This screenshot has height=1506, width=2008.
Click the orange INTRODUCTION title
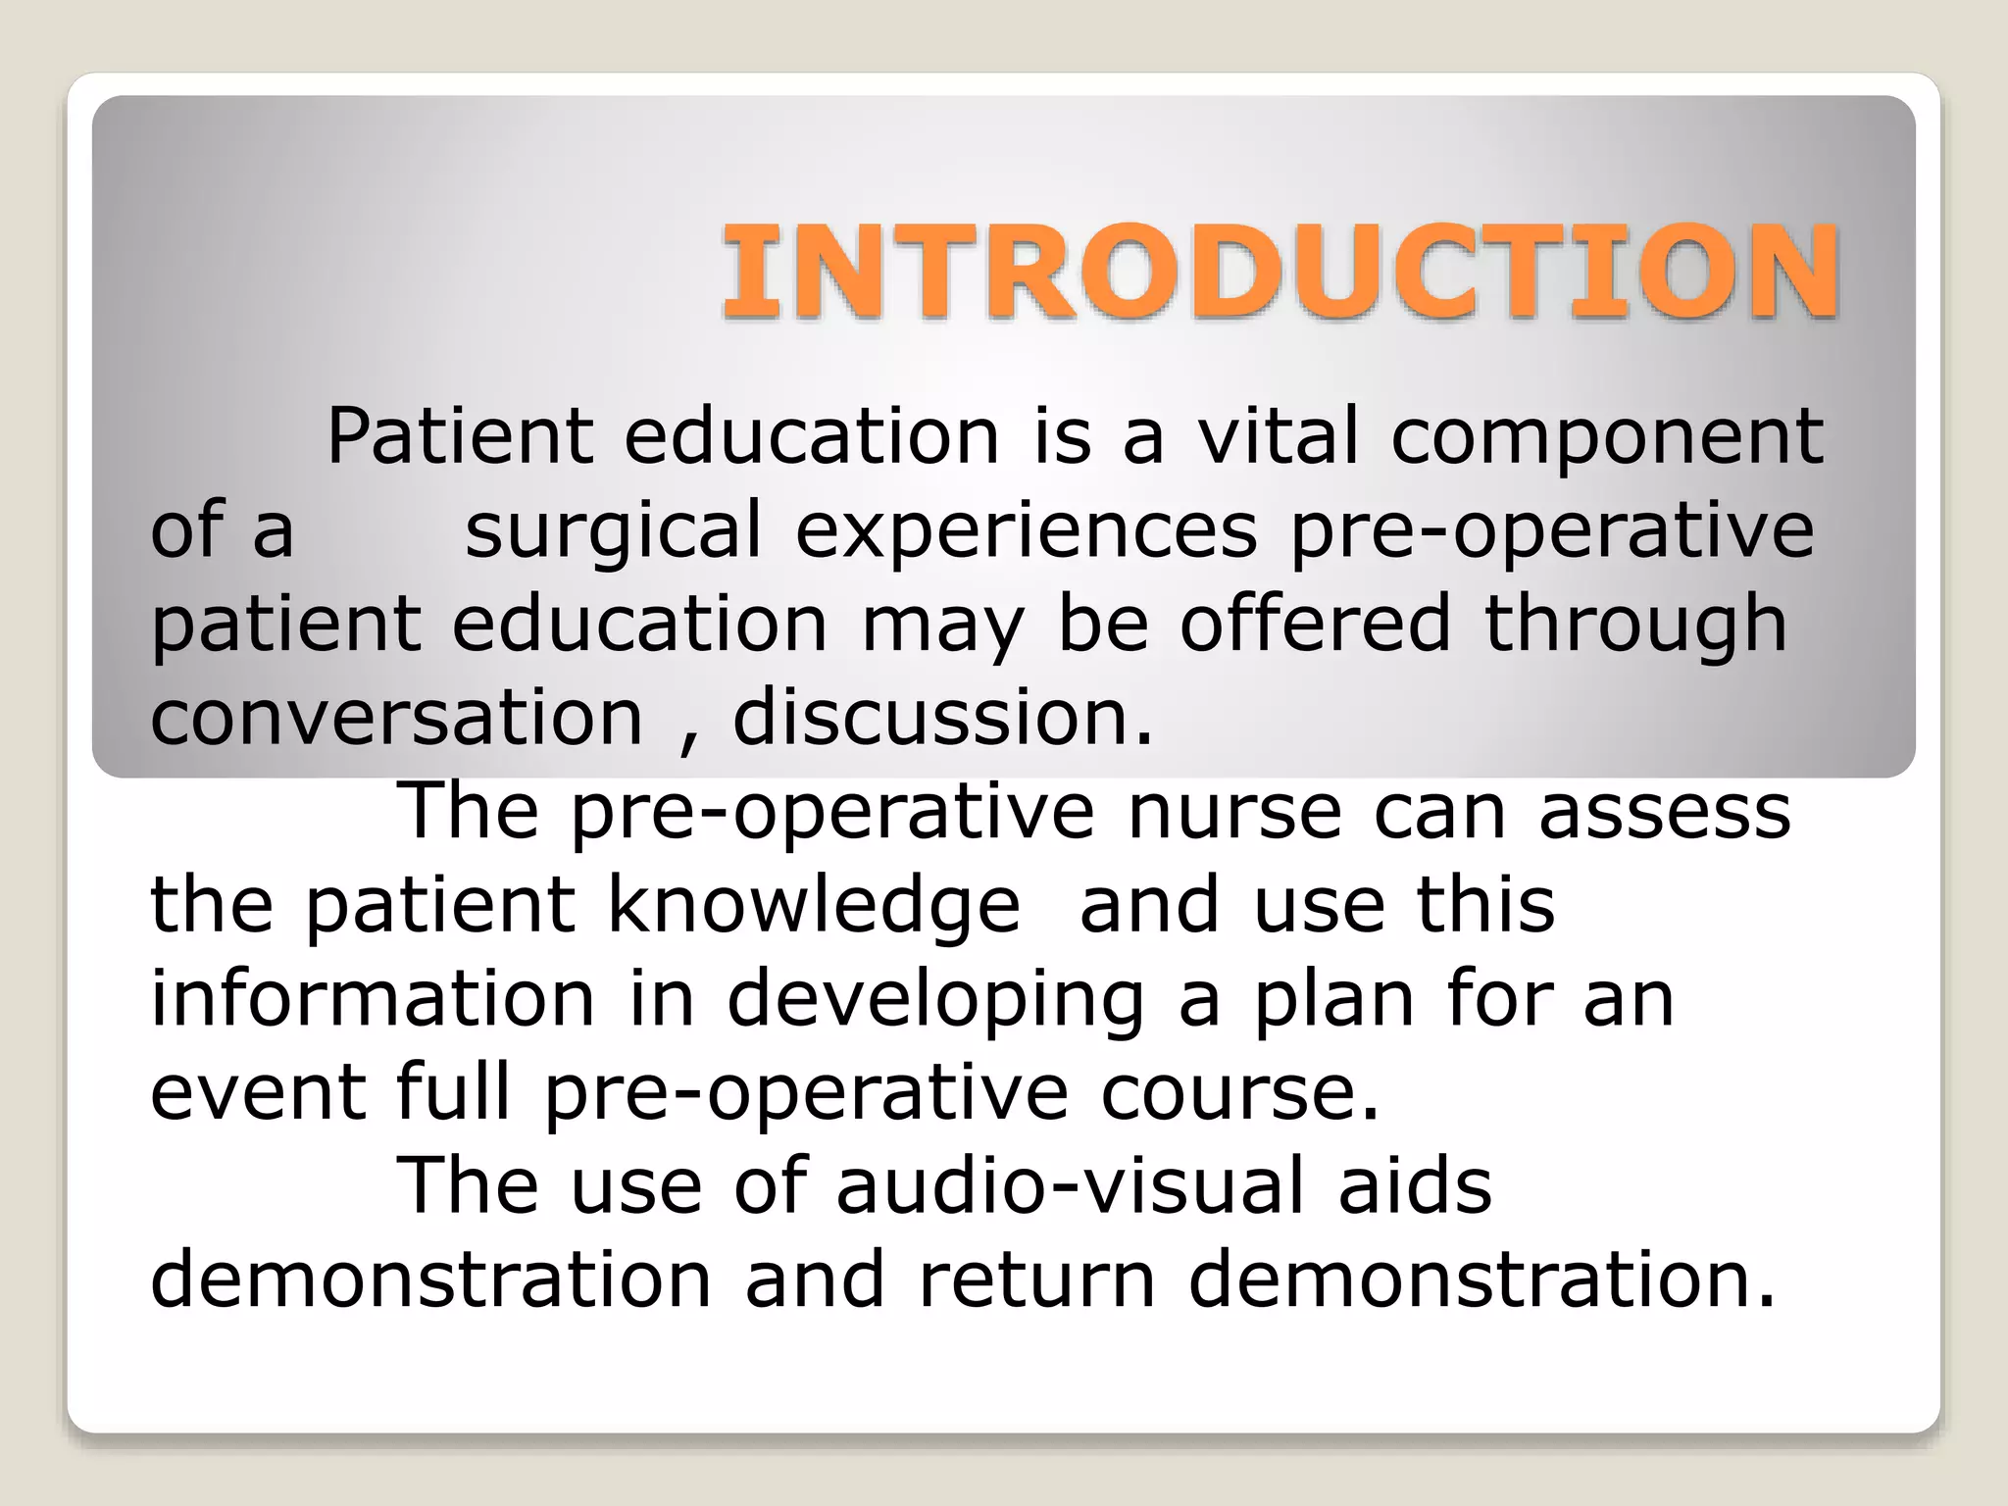1280,272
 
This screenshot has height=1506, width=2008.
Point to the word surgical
613,530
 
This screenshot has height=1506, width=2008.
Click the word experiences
1026,530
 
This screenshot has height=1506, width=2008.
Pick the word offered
1314,624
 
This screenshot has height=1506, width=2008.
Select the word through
1635,626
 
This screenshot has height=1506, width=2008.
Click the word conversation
396,718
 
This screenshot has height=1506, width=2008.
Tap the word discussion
942,718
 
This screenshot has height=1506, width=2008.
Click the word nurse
1233,812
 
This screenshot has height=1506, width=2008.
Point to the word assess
1664,812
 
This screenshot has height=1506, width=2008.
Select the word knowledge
814,906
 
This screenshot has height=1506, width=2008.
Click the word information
373,999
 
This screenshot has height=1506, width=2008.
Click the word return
1037,1280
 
